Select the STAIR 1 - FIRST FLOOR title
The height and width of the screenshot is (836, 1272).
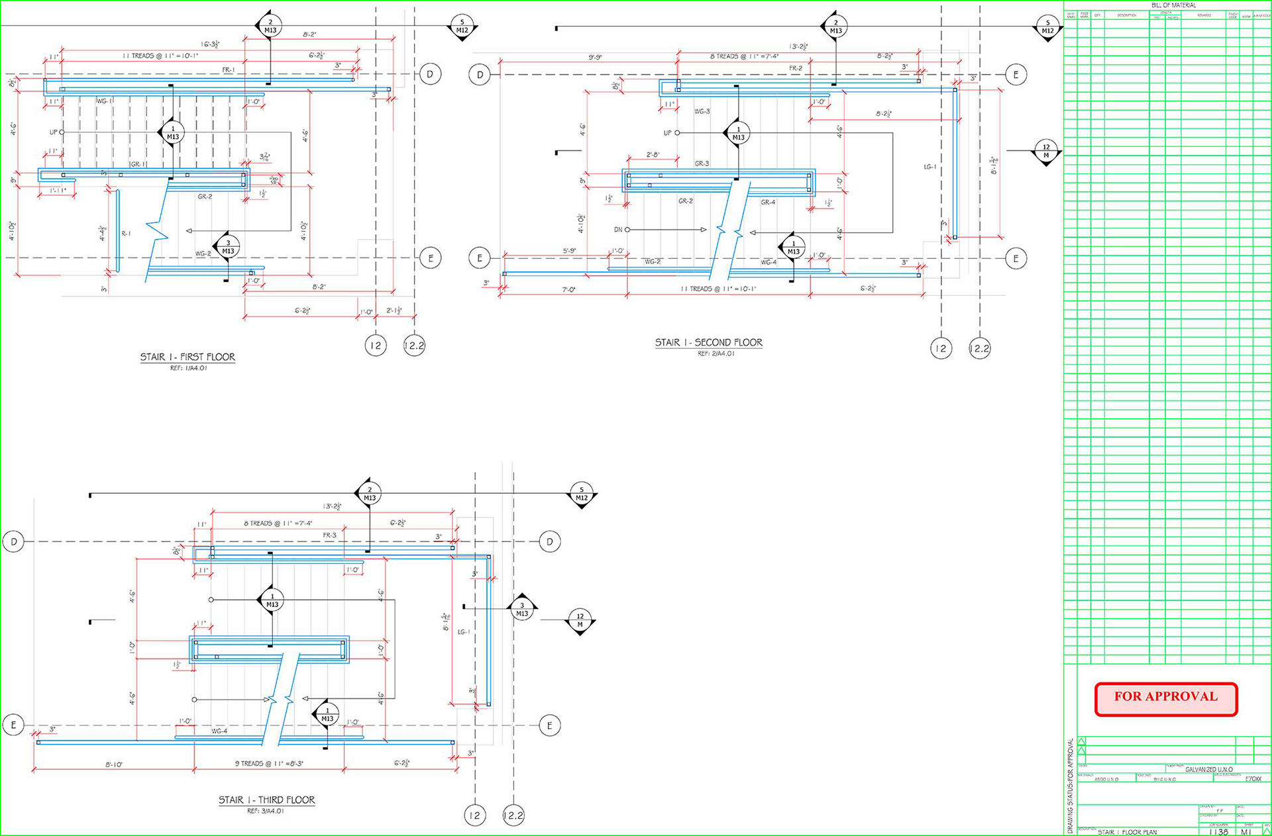pos(187,357)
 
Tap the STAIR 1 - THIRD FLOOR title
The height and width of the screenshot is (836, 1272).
pos(266,800)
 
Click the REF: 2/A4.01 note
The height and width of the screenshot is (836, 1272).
pos(715,353)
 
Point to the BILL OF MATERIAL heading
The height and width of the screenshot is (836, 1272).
pos(1173,5)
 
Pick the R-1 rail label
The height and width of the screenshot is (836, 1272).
pos(126,234)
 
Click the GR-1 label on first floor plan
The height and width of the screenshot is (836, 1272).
pos(138,164)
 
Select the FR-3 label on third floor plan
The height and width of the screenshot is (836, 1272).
pos(329,535)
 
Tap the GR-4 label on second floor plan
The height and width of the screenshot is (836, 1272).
pos(768,203)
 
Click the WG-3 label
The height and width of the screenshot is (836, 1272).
pos(702,111)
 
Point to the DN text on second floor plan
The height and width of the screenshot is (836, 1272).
pos(617,230)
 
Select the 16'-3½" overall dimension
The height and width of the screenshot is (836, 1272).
pos(210,44)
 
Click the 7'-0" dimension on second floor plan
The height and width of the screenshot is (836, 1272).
pos(568,290)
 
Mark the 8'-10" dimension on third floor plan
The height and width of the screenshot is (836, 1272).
pos(113,765)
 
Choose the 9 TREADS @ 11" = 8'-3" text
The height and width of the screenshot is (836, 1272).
pos(269,764)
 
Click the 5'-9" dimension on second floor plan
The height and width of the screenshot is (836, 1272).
pos(569,251)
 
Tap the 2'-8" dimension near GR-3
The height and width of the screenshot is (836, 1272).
pos(653,155)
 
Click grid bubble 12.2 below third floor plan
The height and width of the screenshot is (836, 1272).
pos(513,815)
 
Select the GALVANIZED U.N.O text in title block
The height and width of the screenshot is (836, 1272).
pos(1208,770)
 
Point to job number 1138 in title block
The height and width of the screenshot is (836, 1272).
pos(1218,832)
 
